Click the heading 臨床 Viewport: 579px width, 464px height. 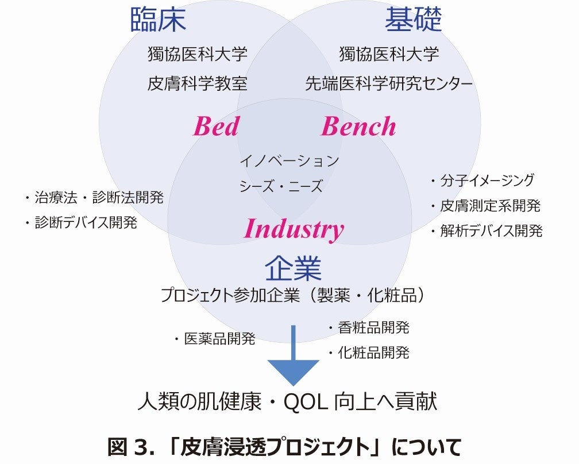(159, 20)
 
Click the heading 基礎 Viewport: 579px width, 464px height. (413, 20)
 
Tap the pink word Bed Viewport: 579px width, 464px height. (215, 126)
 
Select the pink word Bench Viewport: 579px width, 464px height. (358, 126)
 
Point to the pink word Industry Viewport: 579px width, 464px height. (294, 229)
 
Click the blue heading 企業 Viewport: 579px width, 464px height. (292, 268)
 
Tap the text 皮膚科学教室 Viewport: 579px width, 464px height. (198, 84)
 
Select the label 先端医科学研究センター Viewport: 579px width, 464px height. (389, 84)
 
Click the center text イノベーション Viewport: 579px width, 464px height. (289, 160)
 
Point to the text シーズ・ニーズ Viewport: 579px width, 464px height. (281, 186)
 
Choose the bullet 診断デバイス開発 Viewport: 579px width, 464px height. (86, 223)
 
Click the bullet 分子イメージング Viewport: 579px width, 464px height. (487, 181)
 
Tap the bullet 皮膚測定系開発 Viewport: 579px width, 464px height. (490, 206)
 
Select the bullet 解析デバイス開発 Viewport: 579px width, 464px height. (491, 231)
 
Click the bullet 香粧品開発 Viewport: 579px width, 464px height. (373, 328)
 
